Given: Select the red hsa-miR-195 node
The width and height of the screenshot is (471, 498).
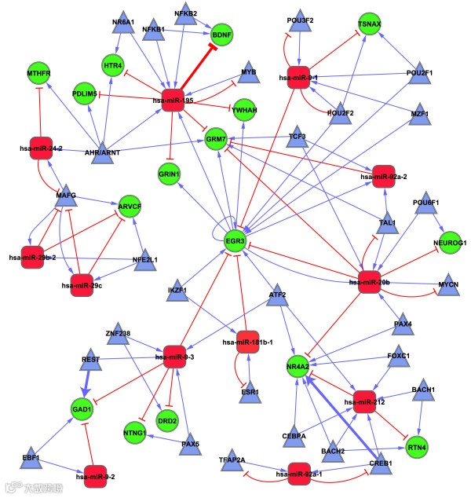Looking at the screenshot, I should click(x=171, y=100).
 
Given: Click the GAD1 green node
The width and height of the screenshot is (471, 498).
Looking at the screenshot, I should click(x=82, y=410).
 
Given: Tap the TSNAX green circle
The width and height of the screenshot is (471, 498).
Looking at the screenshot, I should click(x=370, y=24).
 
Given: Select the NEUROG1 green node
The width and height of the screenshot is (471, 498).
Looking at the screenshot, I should click(x=450, y=244).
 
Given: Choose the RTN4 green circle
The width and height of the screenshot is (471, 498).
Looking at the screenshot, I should click(x=417, y=447).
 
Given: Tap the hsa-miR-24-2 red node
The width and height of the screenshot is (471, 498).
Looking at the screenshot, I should click(x=41, y=147).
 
